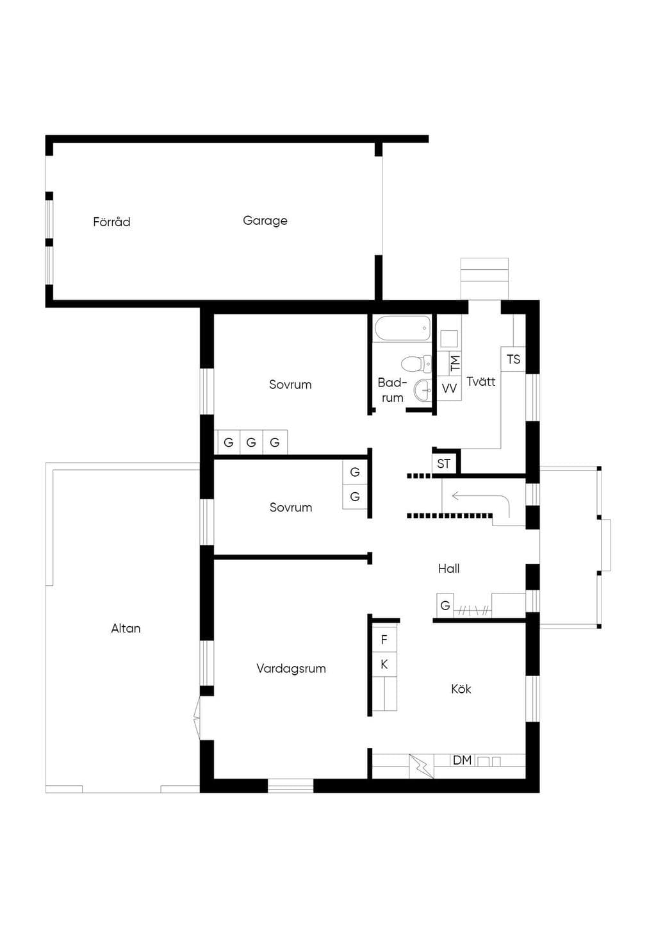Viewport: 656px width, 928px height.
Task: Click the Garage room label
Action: pyautogui.click(x=265, y=220)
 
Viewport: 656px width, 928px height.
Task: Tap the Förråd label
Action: pyautogui.click(x=111, y=222)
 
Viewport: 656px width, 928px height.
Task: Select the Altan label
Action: pyautogui.click(x=126, y=629)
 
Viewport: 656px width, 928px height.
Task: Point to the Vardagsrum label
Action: pyautogui.click(x=291, y=668)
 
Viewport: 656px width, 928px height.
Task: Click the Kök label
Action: pyautogui.click(x=461, y=689)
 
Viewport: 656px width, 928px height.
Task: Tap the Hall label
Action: pyautogui.click(x=449, y=569)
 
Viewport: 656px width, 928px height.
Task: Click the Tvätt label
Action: pyautogui.click(x=481, y=381)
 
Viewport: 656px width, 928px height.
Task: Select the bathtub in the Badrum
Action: pyautogui.click(x=402, y=329)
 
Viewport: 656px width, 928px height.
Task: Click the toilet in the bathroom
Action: pyautogui.click(x=416, y=364)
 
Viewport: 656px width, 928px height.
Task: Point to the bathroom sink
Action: pyautogui.click(x=422, y=390)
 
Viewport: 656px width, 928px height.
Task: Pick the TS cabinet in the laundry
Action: pyautogui.click(x=514, y=359)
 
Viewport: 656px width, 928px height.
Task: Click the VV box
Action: pyautogui.click(x=449, y=388)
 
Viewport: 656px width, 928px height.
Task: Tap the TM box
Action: pyautogui.click(x=455, y=363)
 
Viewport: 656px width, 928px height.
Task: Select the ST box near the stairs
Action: pyautogui.click(x=443, y=463)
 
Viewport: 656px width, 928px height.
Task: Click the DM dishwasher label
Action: pyautogui.click(x=462, y=760)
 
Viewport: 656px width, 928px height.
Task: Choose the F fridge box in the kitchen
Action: pyautogui.click(x=384, y=640)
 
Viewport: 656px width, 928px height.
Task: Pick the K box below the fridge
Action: pyautogui.click(x=384, y=665)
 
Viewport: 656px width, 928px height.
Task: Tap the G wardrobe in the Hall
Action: pyautogui.click(x=445, y=605)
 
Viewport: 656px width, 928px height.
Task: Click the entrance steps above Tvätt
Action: pyautogui.click(x=484, y=278)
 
